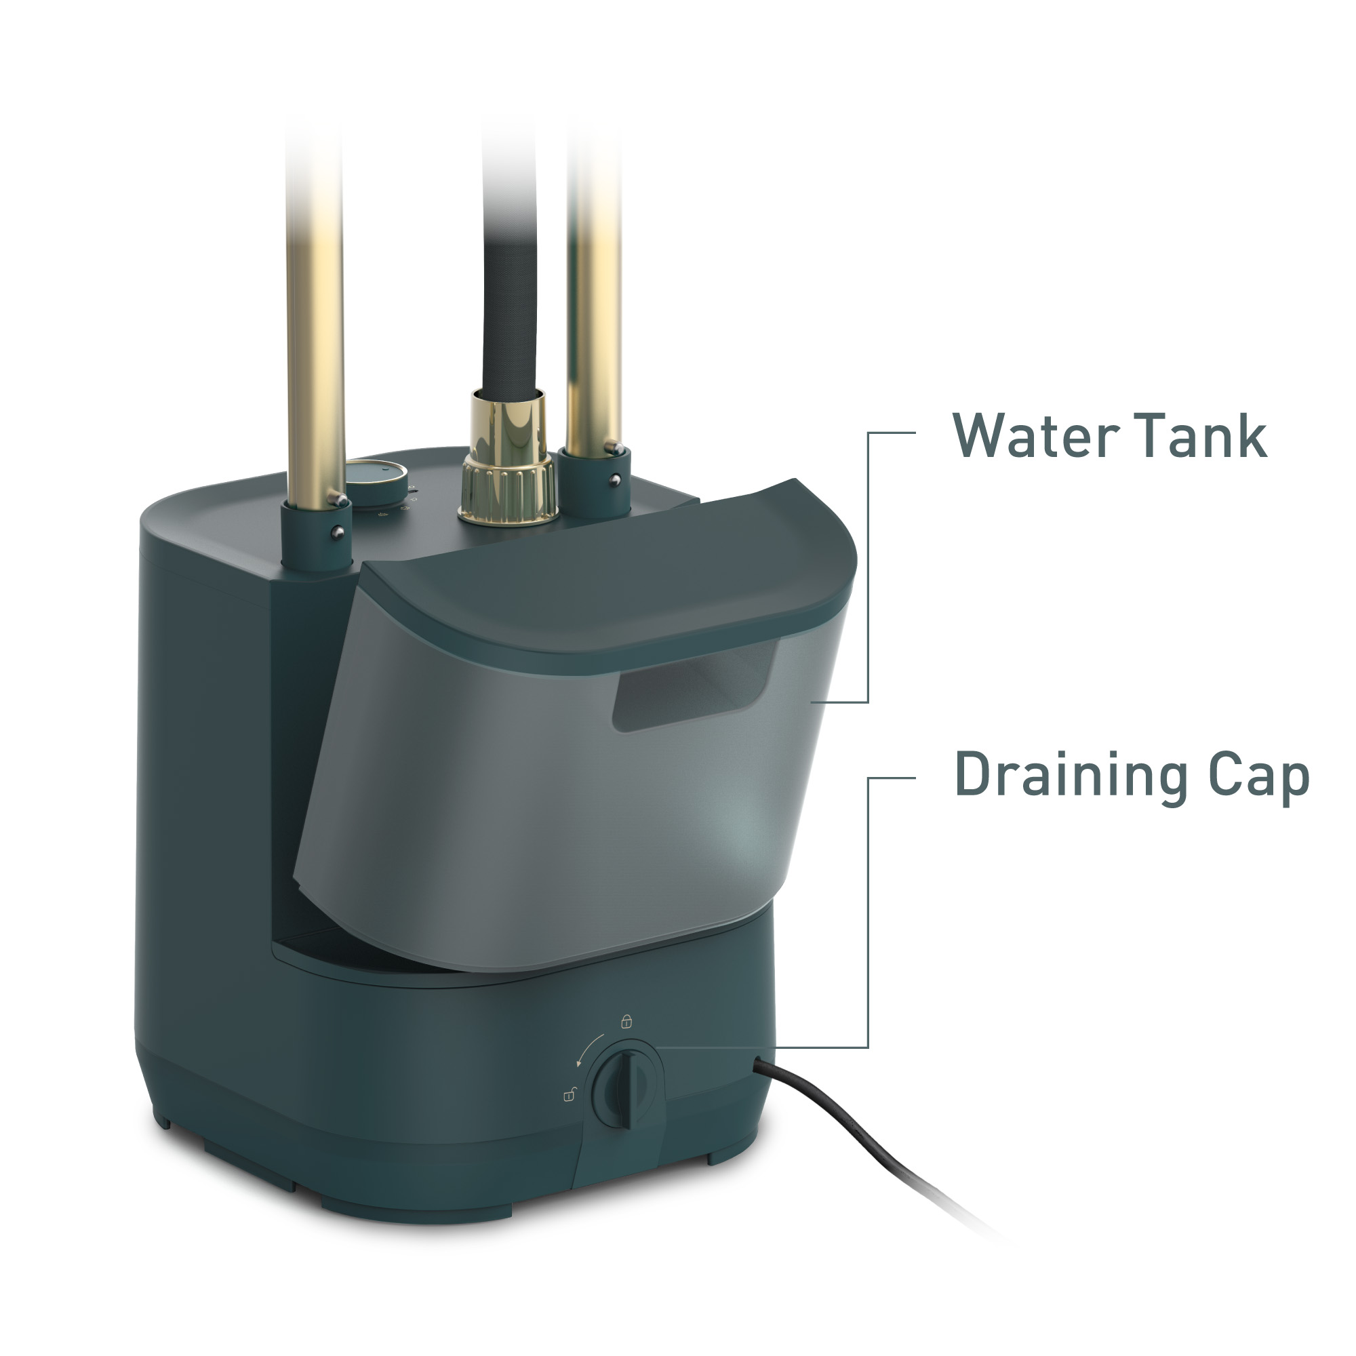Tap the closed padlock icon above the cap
(626, 1021)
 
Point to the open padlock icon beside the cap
(570, 1094)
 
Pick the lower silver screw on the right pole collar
(615, 479)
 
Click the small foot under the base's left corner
(163, 1123)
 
